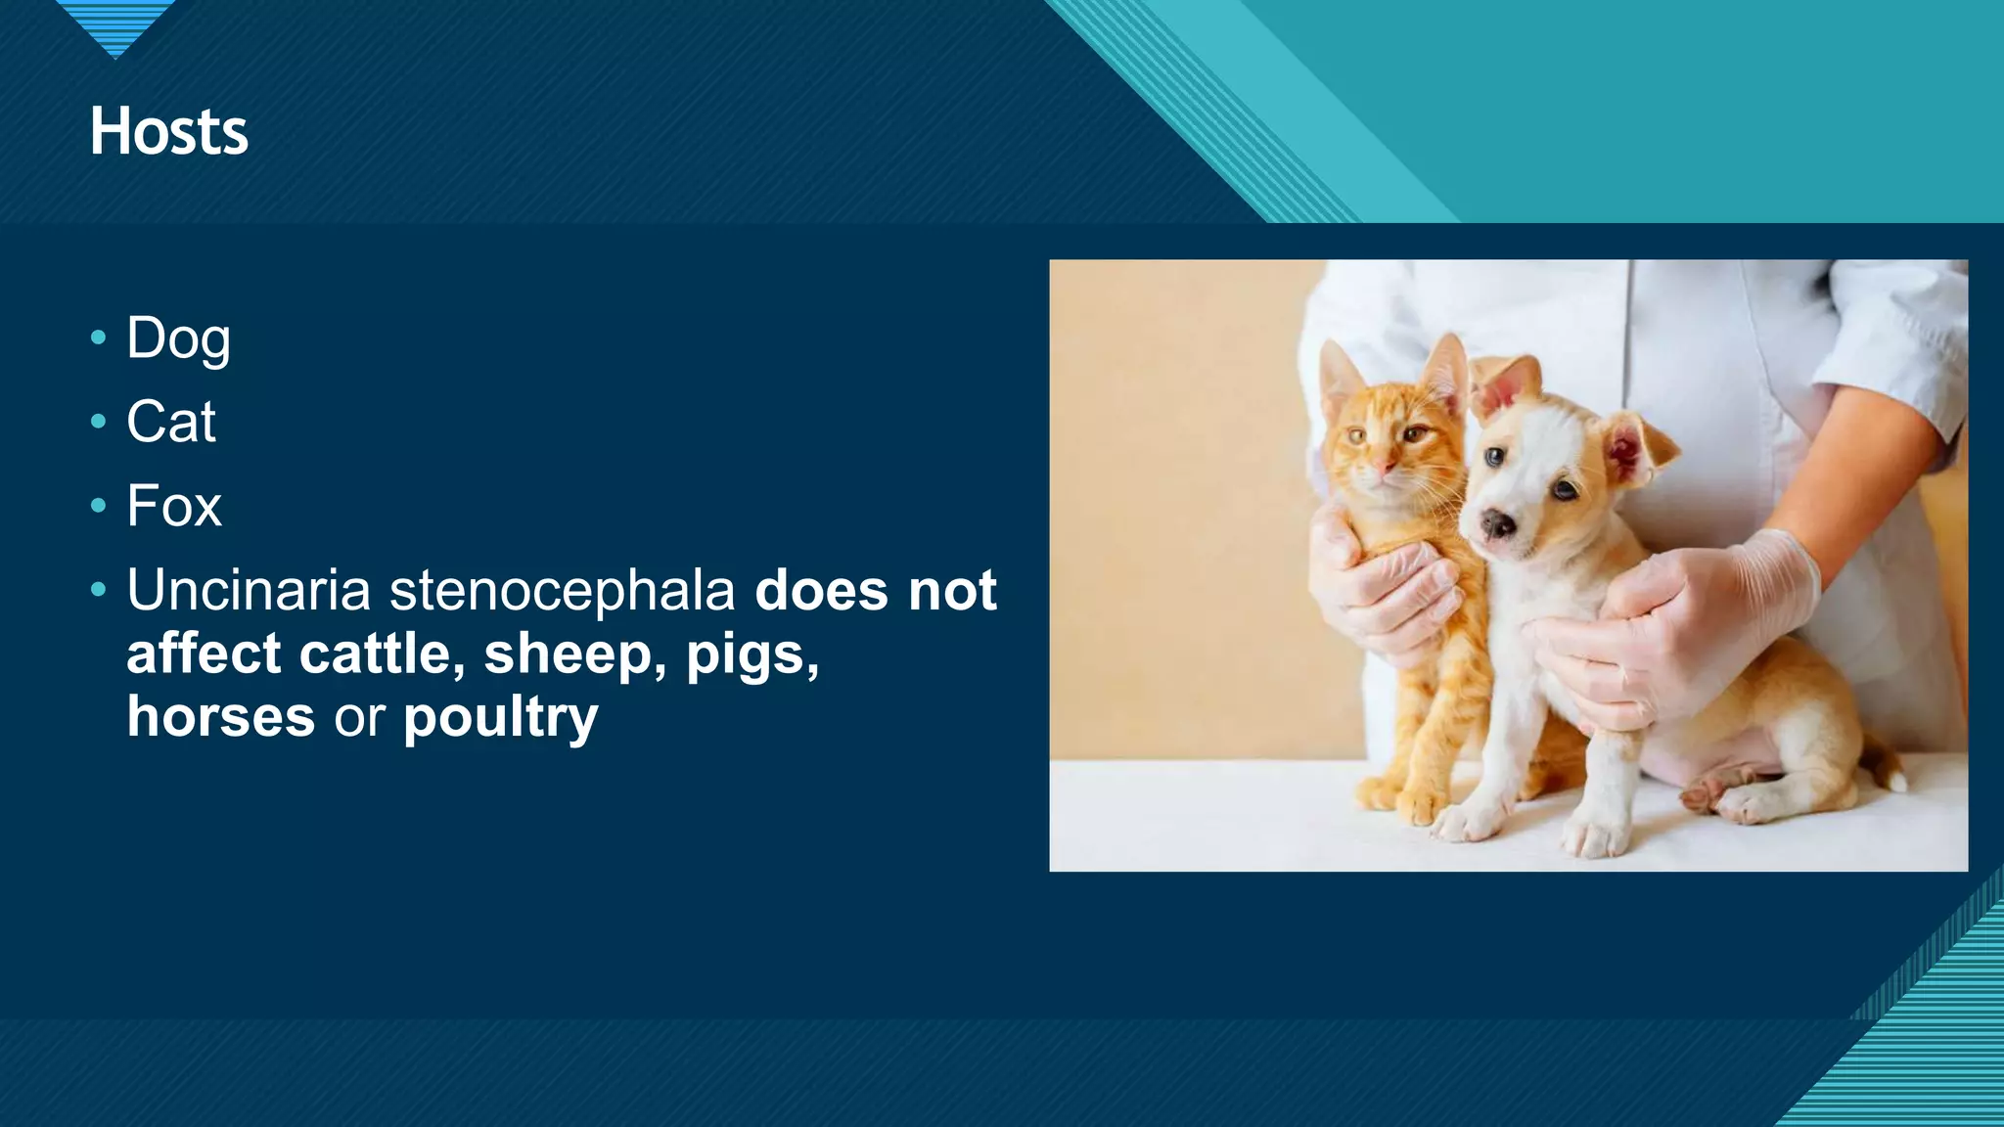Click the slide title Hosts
(169, 131)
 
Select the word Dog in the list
(178, 338)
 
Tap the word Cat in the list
(171, 422)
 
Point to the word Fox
(174, 506)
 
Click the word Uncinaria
(249, 591)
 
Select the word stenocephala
(563, 591)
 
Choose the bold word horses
(221, 716)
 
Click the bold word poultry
(500, 718)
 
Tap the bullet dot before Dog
(98, 338)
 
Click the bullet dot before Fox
(98, 506)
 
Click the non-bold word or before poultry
(359, 718)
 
